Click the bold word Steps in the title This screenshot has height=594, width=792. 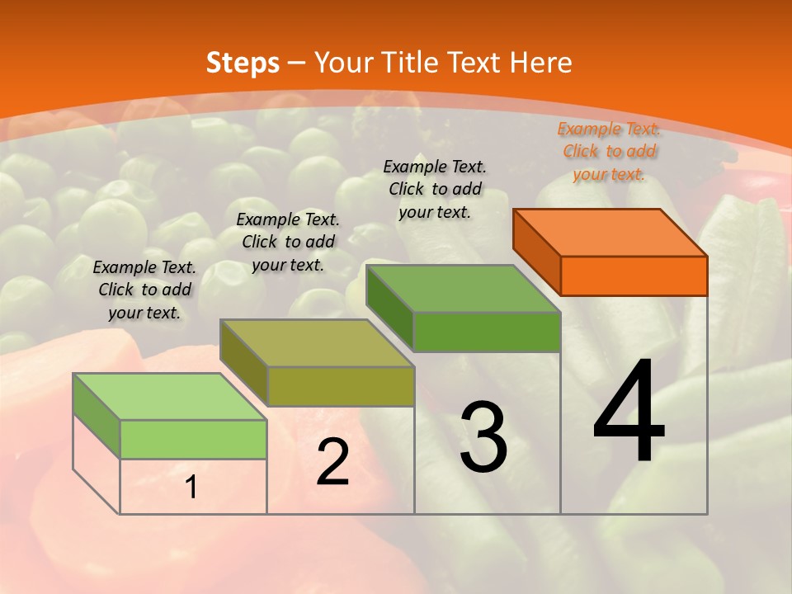point(243,63)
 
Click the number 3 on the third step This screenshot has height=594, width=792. point(483,437)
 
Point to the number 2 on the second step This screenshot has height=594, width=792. point(332,462)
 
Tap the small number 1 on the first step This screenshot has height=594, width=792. point(191,488)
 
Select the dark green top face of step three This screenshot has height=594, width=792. point(464,289)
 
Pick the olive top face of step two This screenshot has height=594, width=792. point(317,343)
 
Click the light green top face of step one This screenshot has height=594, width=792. point(170,397)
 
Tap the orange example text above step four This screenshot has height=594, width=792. point(609,151)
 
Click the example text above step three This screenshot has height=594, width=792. point(435,189)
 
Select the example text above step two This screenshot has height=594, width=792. point(288,242)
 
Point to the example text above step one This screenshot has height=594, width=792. point(144,290)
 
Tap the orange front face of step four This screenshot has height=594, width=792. point(634,276)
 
